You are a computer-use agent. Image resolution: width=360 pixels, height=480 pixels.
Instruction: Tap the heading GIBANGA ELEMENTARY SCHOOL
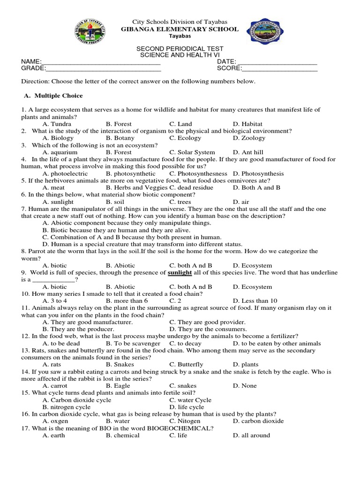click(180, 29)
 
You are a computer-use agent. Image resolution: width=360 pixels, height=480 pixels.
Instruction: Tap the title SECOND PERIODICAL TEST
click(180, 49)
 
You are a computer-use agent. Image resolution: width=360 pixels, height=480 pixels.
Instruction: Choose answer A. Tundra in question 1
click(57, 124)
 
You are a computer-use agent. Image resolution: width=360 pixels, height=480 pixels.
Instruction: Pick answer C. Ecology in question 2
click(185, 138)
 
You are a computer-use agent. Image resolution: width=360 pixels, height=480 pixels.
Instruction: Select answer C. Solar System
click(192, 152)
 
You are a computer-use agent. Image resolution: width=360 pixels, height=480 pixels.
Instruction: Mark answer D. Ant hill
click(248, 152)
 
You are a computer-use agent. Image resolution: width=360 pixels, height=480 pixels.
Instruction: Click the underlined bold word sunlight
click(180, 272)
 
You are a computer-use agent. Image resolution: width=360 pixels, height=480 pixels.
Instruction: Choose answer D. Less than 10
click(255, 300)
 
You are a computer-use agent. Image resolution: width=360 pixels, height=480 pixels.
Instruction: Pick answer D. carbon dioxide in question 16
click(258, 421)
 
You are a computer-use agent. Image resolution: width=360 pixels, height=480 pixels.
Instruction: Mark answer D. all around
click(251, 435)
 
